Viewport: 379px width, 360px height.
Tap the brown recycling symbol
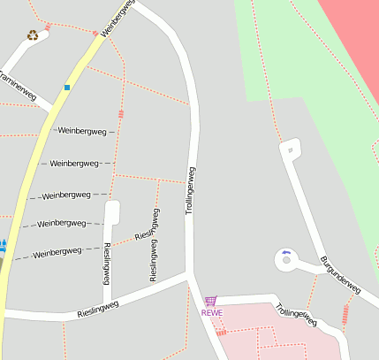[x=33, y=35]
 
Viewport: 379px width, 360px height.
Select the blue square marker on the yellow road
[x=66, y=87]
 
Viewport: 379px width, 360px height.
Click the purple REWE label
[x=212, y=312]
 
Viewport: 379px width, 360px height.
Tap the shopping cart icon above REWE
[x=210, y=301]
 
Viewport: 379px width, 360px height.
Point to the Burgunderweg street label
[x=340, y=275]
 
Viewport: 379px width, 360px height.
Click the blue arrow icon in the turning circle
[x=285, y=253]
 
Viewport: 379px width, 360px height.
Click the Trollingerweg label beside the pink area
[x=296, y=315]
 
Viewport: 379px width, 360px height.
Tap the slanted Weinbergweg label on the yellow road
[x=117, y=18]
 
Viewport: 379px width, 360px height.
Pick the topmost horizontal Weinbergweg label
[x=81, y=131]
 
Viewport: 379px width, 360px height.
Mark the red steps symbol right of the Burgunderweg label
[x=345, y=312]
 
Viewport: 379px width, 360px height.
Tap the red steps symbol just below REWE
[x=221, y=333]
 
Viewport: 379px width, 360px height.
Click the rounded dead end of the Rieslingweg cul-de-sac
[x=111, y=207]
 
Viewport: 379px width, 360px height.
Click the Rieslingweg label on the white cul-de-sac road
[x=107, y=263]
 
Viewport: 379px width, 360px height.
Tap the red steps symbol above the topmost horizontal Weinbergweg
[x=121, y=114]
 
